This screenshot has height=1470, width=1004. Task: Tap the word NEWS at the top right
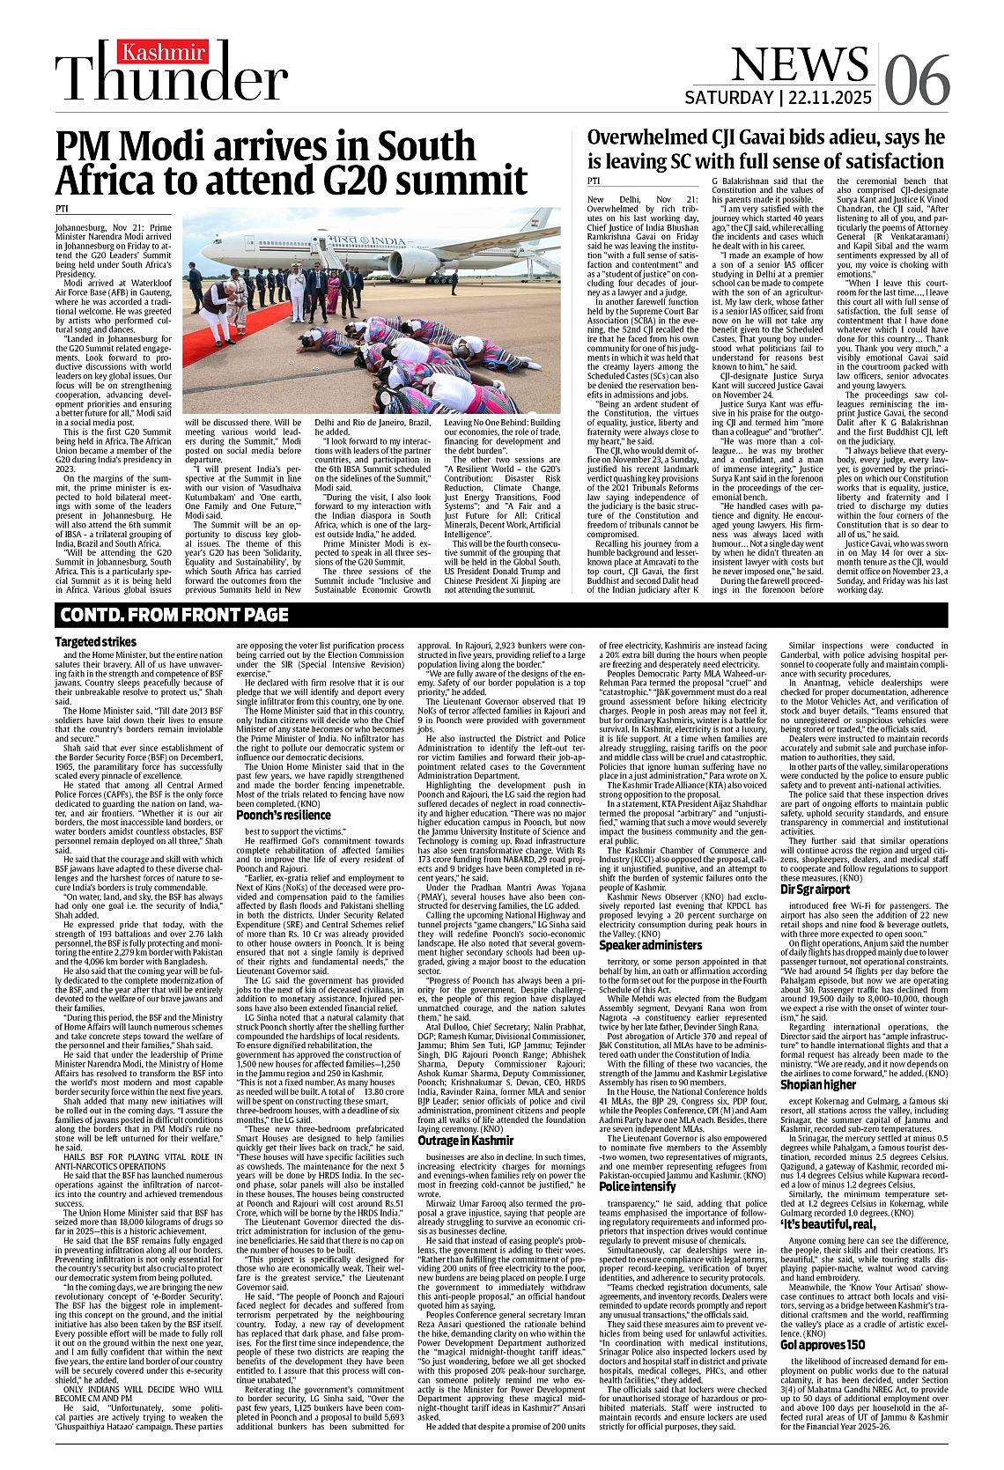(799, 64)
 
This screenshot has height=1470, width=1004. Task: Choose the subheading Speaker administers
(651, 945)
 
